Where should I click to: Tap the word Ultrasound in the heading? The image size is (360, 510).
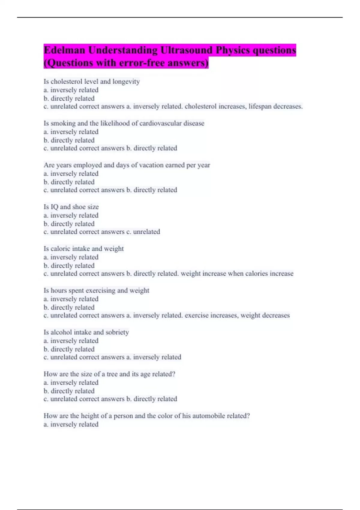pos(186,50)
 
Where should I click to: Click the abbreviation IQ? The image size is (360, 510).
pos(54,207)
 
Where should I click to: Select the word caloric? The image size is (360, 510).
pos(61,249)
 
